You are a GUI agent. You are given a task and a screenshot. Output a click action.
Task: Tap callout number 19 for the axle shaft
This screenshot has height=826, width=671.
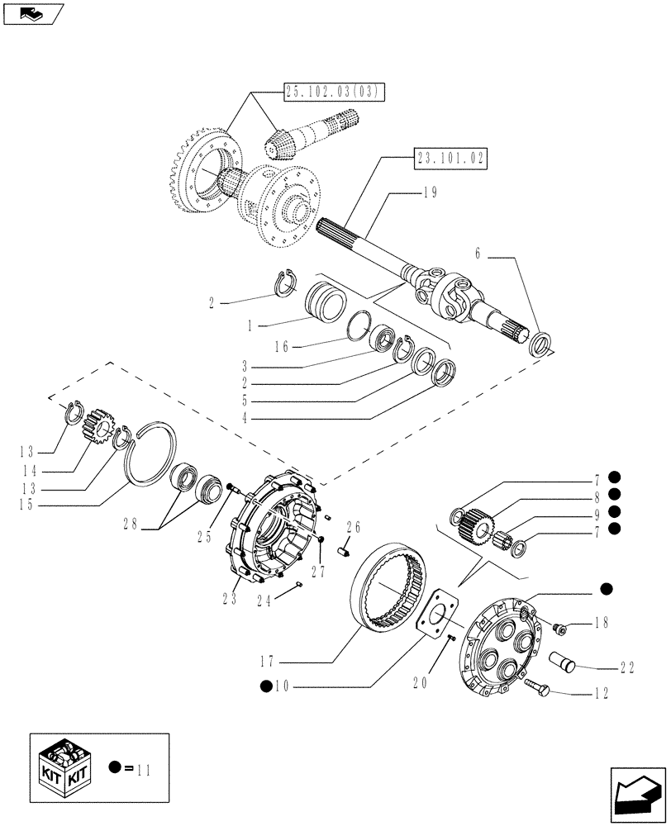click(x=427, y=192)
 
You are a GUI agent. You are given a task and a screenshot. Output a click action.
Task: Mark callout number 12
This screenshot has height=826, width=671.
click(x=602, y=695)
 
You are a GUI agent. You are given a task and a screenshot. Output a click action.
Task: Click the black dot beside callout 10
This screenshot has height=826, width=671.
click(x=265, y=686)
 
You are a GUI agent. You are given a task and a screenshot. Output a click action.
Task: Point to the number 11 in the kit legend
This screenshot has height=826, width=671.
click(x=146, y=769)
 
